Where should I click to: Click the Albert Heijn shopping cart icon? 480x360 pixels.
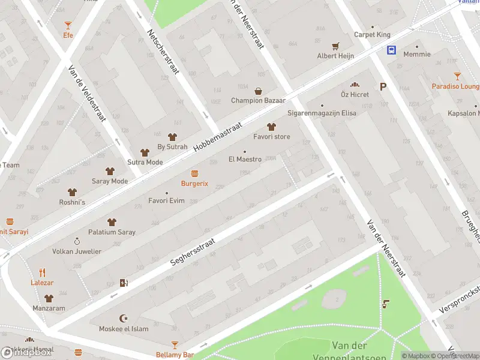click(335, 46)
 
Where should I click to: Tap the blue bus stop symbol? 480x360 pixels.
click(391, 50)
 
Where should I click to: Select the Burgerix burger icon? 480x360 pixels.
click(194, 173)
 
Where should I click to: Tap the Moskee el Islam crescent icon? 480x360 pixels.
click(124, 318)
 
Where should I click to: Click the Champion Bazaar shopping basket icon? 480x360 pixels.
click(258, 91)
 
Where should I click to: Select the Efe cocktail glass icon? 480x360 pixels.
click(68, 25)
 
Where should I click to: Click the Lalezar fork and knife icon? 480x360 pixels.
click(42, 272)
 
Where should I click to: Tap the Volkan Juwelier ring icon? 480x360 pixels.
click(77, 241)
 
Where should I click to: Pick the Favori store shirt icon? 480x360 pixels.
click(271, 127)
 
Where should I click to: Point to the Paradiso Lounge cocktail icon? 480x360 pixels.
click(457, 76)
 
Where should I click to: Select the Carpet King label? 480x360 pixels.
click(372, 35)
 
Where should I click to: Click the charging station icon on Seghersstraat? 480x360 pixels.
click(124, 283)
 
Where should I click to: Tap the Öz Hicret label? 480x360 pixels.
click(354, 95)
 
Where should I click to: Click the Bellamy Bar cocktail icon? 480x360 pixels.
click(175, 345)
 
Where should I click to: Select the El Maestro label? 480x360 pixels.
click(245, 160)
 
